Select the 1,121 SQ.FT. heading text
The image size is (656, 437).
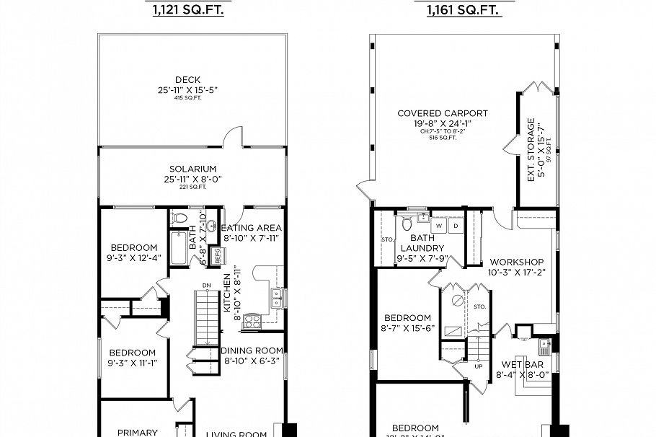pyautogui.click(x=187, y=10)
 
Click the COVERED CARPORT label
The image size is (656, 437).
pyautogui.click(x=443, y=113)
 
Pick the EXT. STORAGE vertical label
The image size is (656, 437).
pyautogui.click(x=531, y=149)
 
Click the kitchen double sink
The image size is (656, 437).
pyautogui.click(x=275, y=296)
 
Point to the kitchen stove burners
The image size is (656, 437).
pyautogui.click(x=252, y=321)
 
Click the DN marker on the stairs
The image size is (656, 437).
pyautogui.click(x=205, y=285)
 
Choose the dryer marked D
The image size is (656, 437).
pyautogui.click(x=456, y=226)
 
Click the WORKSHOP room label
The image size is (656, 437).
pyautogui.click(x=516, y=262)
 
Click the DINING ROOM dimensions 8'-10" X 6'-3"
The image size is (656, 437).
pyautogui.click(x=252, y=361)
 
